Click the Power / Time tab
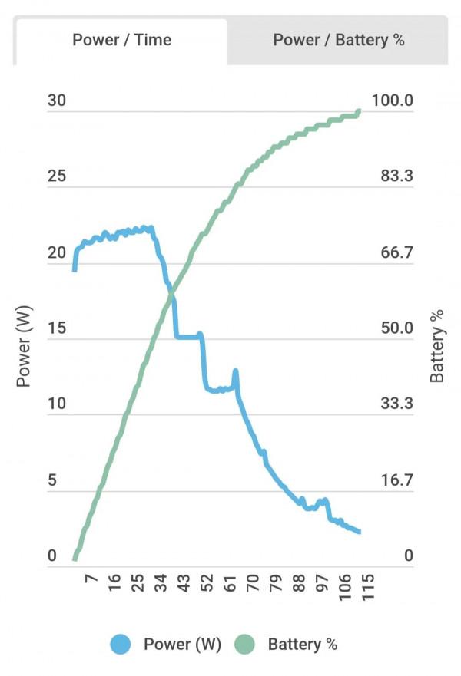click(121, 41)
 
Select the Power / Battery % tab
click(338, 41)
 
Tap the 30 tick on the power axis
click(58, 101)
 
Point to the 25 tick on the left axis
click(58, 176)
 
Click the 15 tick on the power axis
click(58, 328)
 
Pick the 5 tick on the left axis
click(52, 480)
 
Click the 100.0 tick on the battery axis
click(392, 101)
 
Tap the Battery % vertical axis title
click(437, 346)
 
